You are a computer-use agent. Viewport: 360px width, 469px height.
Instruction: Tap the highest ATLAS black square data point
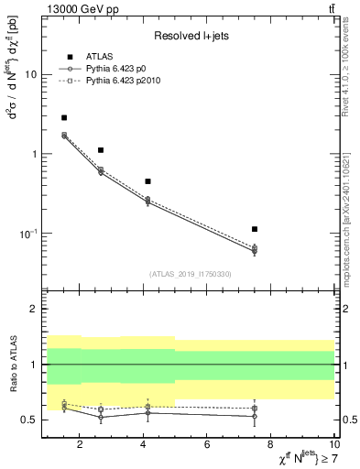point(63,117)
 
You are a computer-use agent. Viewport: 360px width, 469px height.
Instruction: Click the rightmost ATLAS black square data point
point(255,229)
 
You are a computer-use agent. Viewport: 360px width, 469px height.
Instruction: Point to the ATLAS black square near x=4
point(147,181)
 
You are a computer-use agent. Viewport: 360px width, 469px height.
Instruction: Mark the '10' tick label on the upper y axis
point(29,75)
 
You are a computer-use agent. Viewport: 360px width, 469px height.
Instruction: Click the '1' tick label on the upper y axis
point(33,154)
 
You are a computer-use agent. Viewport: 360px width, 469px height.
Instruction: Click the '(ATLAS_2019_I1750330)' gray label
point(191,274)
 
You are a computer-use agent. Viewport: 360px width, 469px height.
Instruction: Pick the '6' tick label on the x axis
point(207,444)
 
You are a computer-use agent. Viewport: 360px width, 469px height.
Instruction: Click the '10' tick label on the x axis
point(333,444)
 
